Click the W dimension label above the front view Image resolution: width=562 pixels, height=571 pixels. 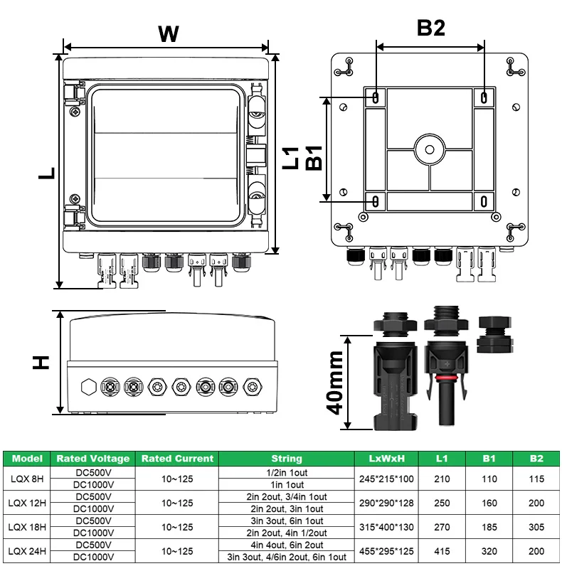[x=167, y=33]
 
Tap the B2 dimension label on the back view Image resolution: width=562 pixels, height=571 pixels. [x=430, y=28]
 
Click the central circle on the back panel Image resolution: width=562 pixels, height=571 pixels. [x=430, y=149]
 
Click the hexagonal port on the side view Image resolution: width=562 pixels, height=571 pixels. [x=89, y=388]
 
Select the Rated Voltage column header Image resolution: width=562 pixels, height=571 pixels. [x=93, y=459]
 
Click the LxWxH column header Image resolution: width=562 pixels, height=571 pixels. [x=388, y=459]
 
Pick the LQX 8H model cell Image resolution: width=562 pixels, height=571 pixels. [x=27, y=479]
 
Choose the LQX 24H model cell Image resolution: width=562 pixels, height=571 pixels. [x=27, y=551]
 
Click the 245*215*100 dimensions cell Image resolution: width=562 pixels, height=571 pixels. [x=388, y=479]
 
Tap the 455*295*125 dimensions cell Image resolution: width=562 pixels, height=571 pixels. [x=388, y=551]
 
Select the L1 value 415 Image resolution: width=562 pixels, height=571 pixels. [x=442, y=551]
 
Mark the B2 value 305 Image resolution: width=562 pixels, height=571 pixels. [x=536, y=527]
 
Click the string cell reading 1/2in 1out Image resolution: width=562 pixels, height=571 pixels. [x=287, y=473]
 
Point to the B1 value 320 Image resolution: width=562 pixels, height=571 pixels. [x=489, y=551]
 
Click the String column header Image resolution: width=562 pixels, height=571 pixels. [x=287, y=459]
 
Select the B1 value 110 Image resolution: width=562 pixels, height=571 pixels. [x=489, y=479]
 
